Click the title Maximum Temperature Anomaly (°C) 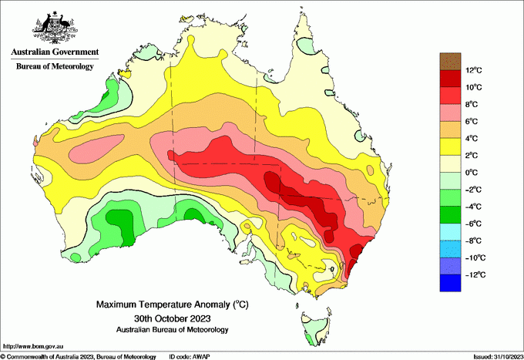click(172, 305)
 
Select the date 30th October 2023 click(172, 318)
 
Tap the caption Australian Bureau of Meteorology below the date click(172, 330)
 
